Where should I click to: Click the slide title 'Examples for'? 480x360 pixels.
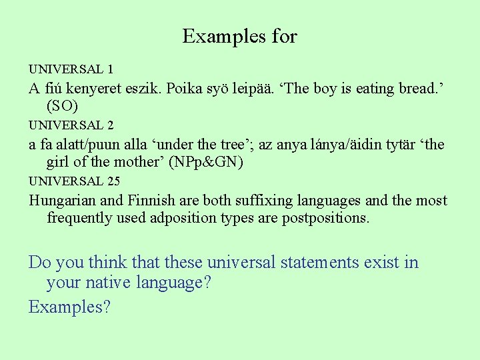click(239, 36)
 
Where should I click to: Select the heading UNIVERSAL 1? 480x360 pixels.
click(71, 69)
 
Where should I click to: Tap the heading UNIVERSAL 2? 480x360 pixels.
click(71, 125)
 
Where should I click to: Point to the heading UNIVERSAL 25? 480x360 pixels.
click(73, 181)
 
